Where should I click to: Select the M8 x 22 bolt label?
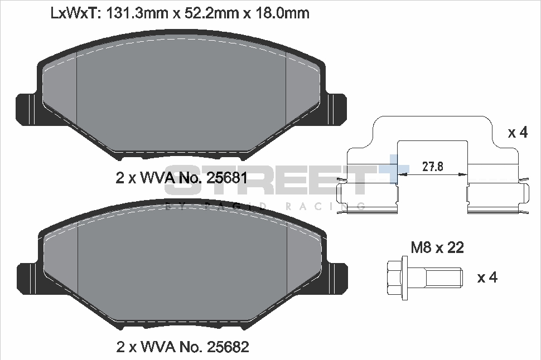click(437, 247)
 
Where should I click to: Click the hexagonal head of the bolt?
click(396, 276)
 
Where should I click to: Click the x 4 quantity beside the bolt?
click(487, 277)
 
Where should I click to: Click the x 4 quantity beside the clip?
click(518, 133)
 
